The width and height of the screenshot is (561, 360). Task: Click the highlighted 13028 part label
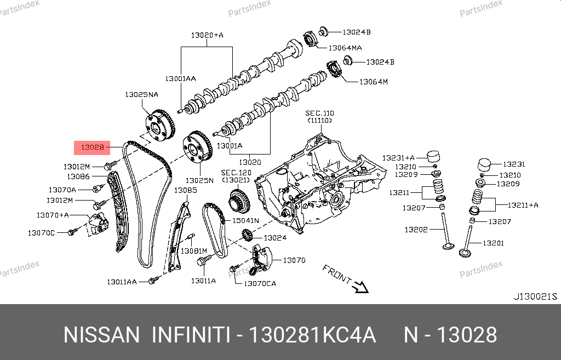coord(92,147)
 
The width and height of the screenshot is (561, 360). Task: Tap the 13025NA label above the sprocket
coord(141,94)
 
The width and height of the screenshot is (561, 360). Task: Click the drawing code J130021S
coord(535,296)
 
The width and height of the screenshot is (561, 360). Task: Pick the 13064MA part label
coord(345,48)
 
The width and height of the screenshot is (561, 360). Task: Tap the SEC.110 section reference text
coord(319,113)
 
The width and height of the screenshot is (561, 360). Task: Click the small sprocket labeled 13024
coord(247,236)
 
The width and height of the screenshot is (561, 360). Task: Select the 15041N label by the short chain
coord(245,220)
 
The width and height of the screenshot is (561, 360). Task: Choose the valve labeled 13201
coord(467,242)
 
